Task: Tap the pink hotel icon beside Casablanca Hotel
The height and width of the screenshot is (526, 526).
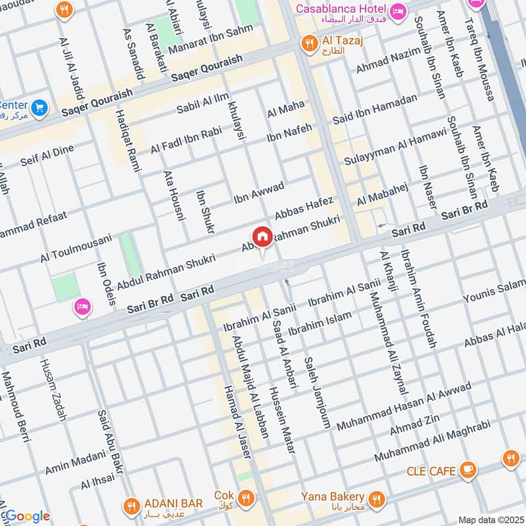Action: (398, 11)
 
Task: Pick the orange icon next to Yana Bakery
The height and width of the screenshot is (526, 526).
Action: (377, 497)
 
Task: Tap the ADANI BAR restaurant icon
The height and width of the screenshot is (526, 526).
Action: (130, 505)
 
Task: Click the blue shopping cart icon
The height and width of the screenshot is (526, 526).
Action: (39, 107)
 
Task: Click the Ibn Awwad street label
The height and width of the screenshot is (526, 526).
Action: (259, 191)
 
